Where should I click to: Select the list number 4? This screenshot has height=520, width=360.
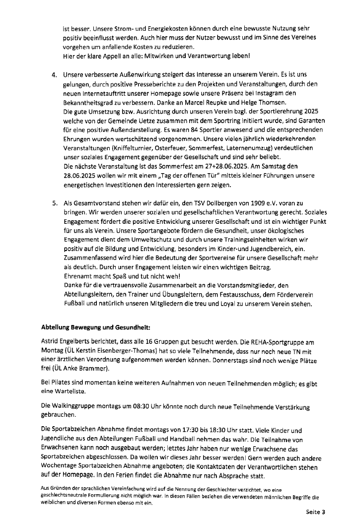click(54, 74)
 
